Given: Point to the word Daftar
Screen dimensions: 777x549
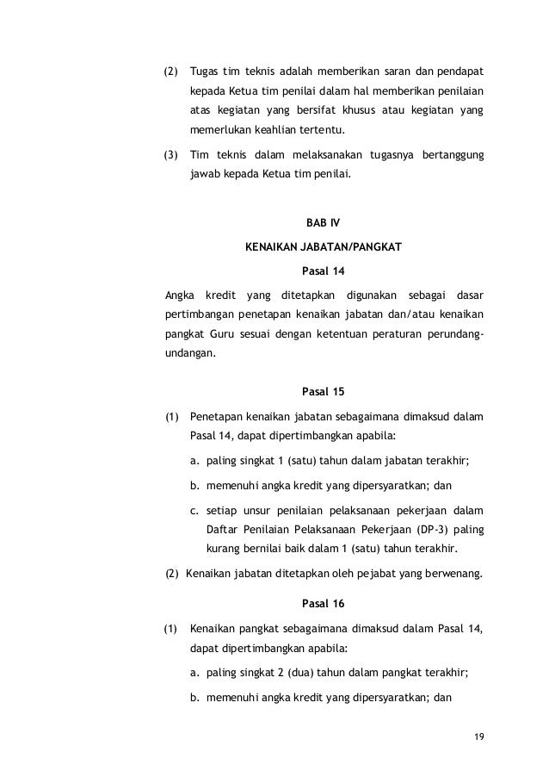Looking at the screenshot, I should [225, 530].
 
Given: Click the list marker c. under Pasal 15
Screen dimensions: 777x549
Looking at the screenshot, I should [194, 508].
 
